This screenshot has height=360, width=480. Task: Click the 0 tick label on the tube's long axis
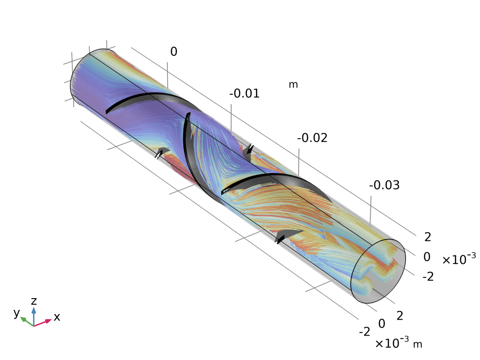click(173, 52)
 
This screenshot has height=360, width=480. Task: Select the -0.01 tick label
click(244, 93)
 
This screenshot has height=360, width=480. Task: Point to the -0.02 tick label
click(312, 138)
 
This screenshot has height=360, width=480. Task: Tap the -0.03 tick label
click(384, 185)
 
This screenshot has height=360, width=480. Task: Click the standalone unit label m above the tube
click(293, 84)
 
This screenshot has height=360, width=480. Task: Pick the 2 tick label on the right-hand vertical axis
click(427, 237)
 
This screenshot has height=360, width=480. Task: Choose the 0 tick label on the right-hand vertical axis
click(427, 257)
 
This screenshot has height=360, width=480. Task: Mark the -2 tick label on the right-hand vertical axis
click(428, 277)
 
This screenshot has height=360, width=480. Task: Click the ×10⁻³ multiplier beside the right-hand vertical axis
click(459, 259)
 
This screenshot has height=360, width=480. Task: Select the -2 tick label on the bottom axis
click(364, 331)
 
